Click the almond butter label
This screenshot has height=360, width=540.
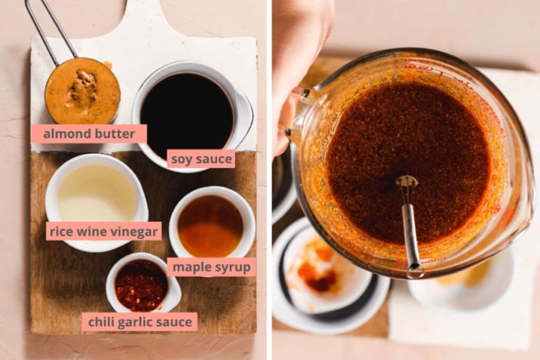click(x=89, y=133)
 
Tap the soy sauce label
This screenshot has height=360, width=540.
click(x=201, y=159)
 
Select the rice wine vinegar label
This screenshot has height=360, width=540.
click(x=104, y=231)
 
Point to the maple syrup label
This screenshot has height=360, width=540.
click(x=211, y=267)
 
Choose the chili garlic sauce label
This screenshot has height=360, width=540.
click(x=140, y=322)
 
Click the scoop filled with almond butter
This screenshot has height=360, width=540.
click(x=83, y=91)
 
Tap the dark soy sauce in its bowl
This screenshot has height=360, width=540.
click(x=187, y=112)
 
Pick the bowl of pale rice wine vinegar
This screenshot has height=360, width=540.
click(x=97, y=201)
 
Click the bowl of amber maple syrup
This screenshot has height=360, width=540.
click(x=212, y=223)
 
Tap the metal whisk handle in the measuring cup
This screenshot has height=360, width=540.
click(x=411, y=238)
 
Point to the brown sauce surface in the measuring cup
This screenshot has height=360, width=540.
click(x=408, y=162)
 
